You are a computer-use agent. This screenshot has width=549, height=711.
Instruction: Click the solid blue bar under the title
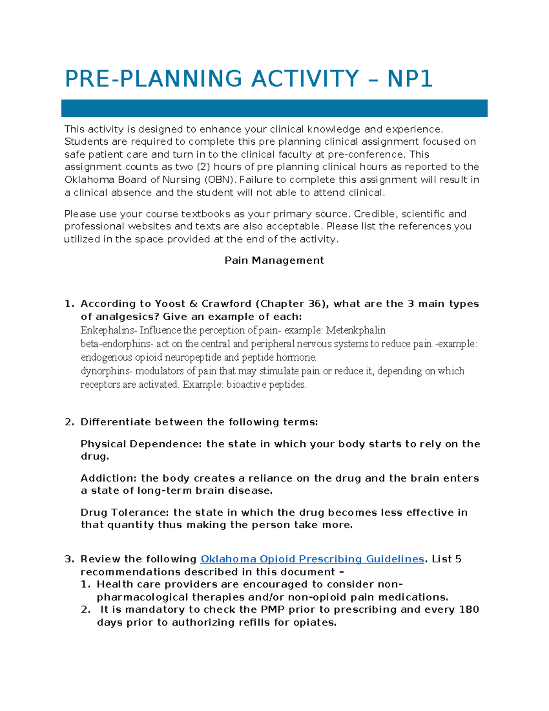click(274, 109)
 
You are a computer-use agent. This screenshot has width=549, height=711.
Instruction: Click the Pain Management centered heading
click(274, 261)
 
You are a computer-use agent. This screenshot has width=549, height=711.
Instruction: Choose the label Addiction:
click(109, 478)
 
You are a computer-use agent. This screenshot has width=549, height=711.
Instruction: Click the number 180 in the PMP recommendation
click(468, 610)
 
